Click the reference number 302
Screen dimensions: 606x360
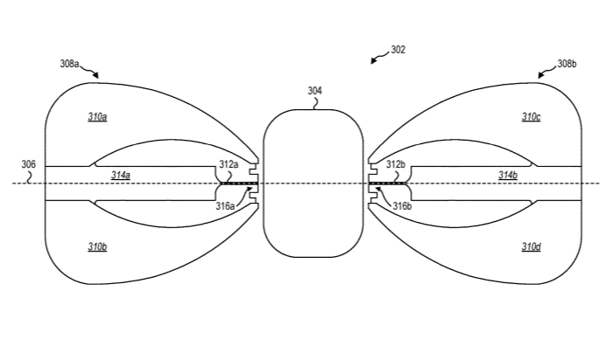click(398, 50)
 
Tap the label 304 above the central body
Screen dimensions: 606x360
click(315, 91)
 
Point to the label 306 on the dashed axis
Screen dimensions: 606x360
click(28, 164)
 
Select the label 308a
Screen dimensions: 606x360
click(70, 64)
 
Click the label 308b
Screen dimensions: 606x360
click(567, 64)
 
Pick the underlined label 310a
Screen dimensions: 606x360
click(97, 117)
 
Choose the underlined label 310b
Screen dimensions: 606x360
click(97, 246)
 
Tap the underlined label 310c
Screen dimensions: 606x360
click(531, 117)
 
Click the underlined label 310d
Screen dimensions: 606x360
click(531, 246)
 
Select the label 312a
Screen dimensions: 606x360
click(229, 164)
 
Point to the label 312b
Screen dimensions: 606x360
click(396, 164)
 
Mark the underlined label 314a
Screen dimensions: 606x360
click(121, 176)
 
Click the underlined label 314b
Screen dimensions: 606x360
click(508, 176)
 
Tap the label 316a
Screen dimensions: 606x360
click(226, 206)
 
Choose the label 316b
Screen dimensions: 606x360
click(402, 206)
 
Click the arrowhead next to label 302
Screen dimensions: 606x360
click(373, 60)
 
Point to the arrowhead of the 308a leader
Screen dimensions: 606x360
click(96, 75)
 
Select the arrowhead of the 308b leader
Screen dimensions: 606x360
click(541, 75)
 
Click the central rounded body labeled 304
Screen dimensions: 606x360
click(313, 183)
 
